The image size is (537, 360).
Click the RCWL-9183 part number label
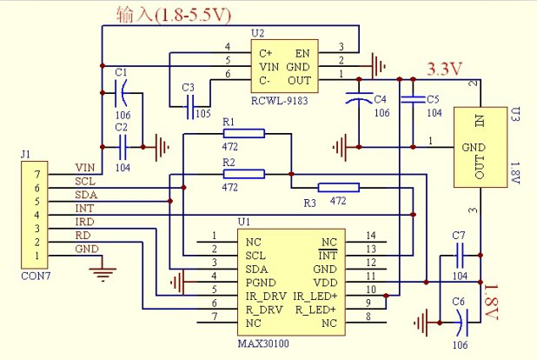280,101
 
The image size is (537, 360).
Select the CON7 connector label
34,277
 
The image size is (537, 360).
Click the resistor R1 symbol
243,133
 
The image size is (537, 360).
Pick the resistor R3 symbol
339,187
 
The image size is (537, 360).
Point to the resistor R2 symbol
243,174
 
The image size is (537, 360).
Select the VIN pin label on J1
84,168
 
